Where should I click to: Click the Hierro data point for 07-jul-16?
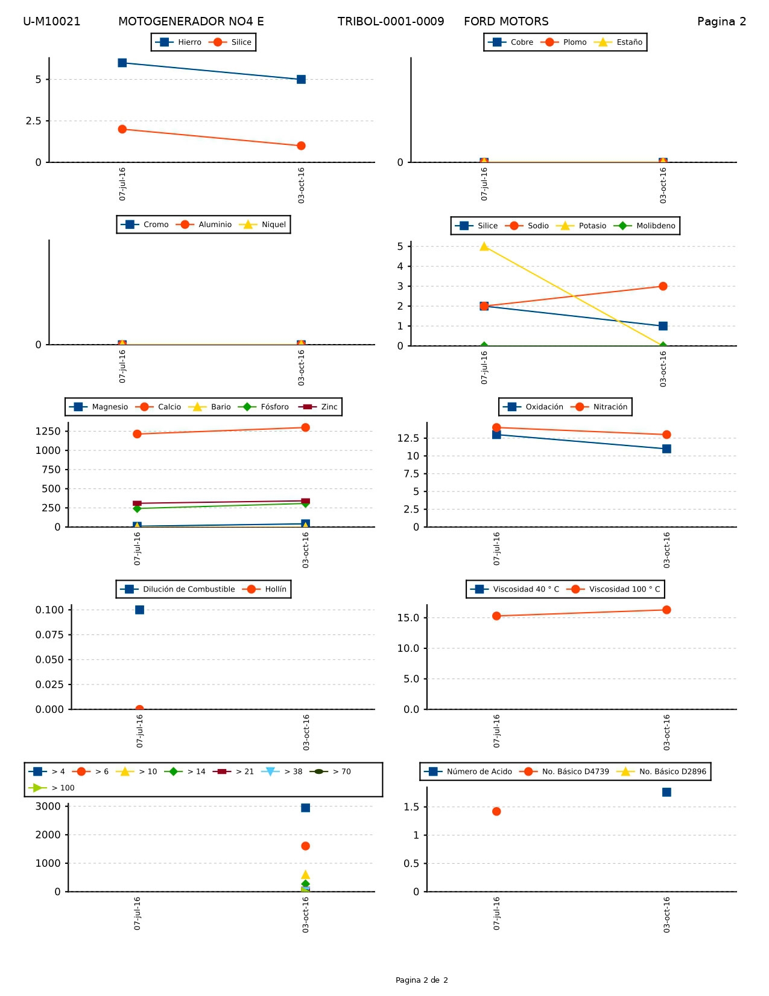click(122, 63)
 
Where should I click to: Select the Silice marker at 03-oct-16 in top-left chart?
click(301, 145)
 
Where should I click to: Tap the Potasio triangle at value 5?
click(484, 246)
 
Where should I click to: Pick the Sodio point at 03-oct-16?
click(663, 286)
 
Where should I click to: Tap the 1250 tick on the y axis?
click(48, 431)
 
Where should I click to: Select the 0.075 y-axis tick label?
click(49, 634)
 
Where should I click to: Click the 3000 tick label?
click(49, 806)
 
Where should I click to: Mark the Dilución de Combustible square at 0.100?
click(139, 610)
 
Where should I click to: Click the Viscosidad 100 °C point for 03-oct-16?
click(666, 610)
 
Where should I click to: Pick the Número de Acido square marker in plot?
click(666, 792)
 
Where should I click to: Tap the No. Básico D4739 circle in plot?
click(496, 811)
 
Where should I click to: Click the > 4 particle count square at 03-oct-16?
click(305, 808)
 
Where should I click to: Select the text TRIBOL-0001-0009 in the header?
click(391, 22)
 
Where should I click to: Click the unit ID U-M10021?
click(52, 22)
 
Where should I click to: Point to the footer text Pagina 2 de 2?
click(422, 980)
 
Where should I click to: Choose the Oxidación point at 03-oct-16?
click(666, 449)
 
